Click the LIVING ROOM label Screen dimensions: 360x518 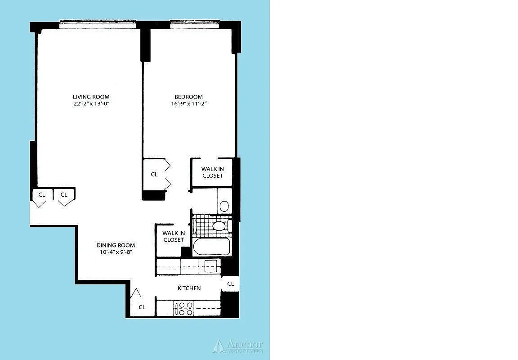pyautogui.click(x=91, y=97)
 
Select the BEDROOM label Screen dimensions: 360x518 pyautogui.click(x=188, y=97)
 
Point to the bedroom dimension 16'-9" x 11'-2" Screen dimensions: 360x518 pyautogui.click(x=188, y=103)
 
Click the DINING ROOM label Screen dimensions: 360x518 pyautogui.click(x=116, y=245)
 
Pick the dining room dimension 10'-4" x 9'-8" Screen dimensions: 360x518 pyautogui.click(x=116, y=252)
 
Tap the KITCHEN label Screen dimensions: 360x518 pyautogui.click(x=189, y=288)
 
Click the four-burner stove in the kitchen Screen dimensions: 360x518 pyautogui.click(x=184, y=309)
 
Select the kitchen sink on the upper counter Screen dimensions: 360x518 pyautogui.click(x=210, y=266)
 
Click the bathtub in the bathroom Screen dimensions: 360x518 pyautogui.click(x=211, y=247)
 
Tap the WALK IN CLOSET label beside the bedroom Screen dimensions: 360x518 pyautogui.click(x=212, y=172)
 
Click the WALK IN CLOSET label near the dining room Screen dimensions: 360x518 pyautogui.click(x=173, y=236)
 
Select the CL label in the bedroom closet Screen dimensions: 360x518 pyautogui.click(x=154, y=174)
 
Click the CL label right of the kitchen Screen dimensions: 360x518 pyautogui.click(x=231, y=283)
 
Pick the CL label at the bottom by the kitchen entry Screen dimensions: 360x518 pyautogui.click(x=142, y=307)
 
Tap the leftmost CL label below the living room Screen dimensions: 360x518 pyautogui.click(x=41, y=194)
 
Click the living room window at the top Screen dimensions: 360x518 pyautogui.click(x=98, y=25)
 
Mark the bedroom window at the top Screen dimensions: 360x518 pyautogui.click(x=194, y=25)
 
